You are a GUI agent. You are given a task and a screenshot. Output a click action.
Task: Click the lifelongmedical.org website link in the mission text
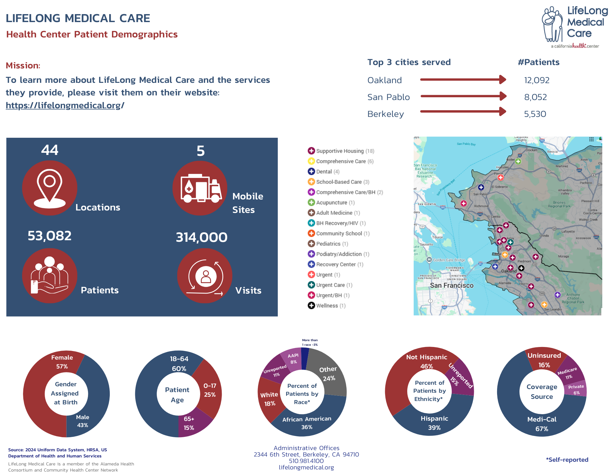click(x=65, y=106)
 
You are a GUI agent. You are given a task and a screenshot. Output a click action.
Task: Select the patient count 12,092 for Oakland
click(x=537, y=80)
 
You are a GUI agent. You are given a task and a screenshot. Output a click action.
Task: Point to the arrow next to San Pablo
click(x=463, y=96)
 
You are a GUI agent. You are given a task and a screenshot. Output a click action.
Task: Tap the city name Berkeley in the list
click(x=385, y=114)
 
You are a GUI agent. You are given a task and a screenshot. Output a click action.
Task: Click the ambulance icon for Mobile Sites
click(x=200, y=188)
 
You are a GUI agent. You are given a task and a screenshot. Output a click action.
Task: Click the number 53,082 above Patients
click(x=50, y=236)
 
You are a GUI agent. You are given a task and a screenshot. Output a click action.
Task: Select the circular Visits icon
click(x=205, y=276)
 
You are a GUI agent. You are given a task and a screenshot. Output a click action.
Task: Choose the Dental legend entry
click(x=324, y=172)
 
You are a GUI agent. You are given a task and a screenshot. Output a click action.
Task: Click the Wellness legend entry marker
click(x=311, y=306)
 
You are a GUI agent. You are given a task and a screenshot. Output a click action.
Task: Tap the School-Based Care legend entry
click(x=339, y=182)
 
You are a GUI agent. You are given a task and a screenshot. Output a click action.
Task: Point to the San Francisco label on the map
click(x=451, y=286)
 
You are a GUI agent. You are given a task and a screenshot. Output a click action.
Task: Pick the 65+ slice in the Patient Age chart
click(x=190, y=423)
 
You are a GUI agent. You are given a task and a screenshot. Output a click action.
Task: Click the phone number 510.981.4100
click(x=306, y=461)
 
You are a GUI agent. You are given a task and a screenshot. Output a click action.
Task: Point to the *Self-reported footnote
click(x=567, y=460)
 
